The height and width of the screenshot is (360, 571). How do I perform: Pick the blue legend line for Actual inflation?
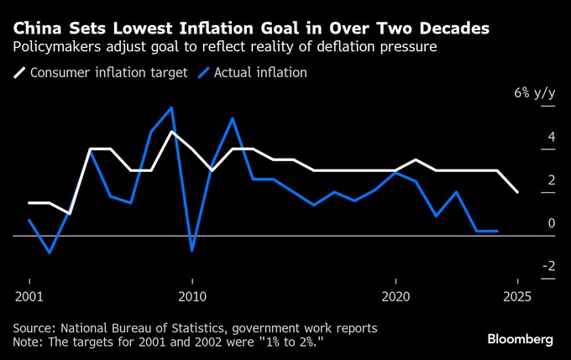[203, 73]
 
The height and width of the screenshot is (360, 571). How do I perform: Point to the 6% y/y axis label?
[535, 93]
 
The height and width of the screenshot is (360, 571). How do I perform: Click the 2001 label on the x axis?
[29, 296]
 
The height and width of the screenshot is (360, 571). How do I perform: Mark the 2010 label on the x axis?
[192, 296]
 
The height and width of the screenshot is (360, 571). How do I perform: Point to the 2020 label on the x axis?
[396, 296]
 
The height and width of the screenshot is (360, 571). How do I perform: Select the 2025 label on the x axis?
[518, 296]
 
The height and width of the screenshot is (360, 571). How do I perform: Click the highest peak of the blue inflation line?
[172, 107]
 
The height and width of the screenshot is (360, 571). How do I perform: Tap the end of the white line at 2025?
[518, 192]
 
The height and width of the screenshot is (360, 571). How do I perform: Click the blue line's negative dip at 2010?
[192, 250]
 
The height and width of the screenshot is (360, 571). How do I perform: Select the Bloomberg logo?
[521, 339]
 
